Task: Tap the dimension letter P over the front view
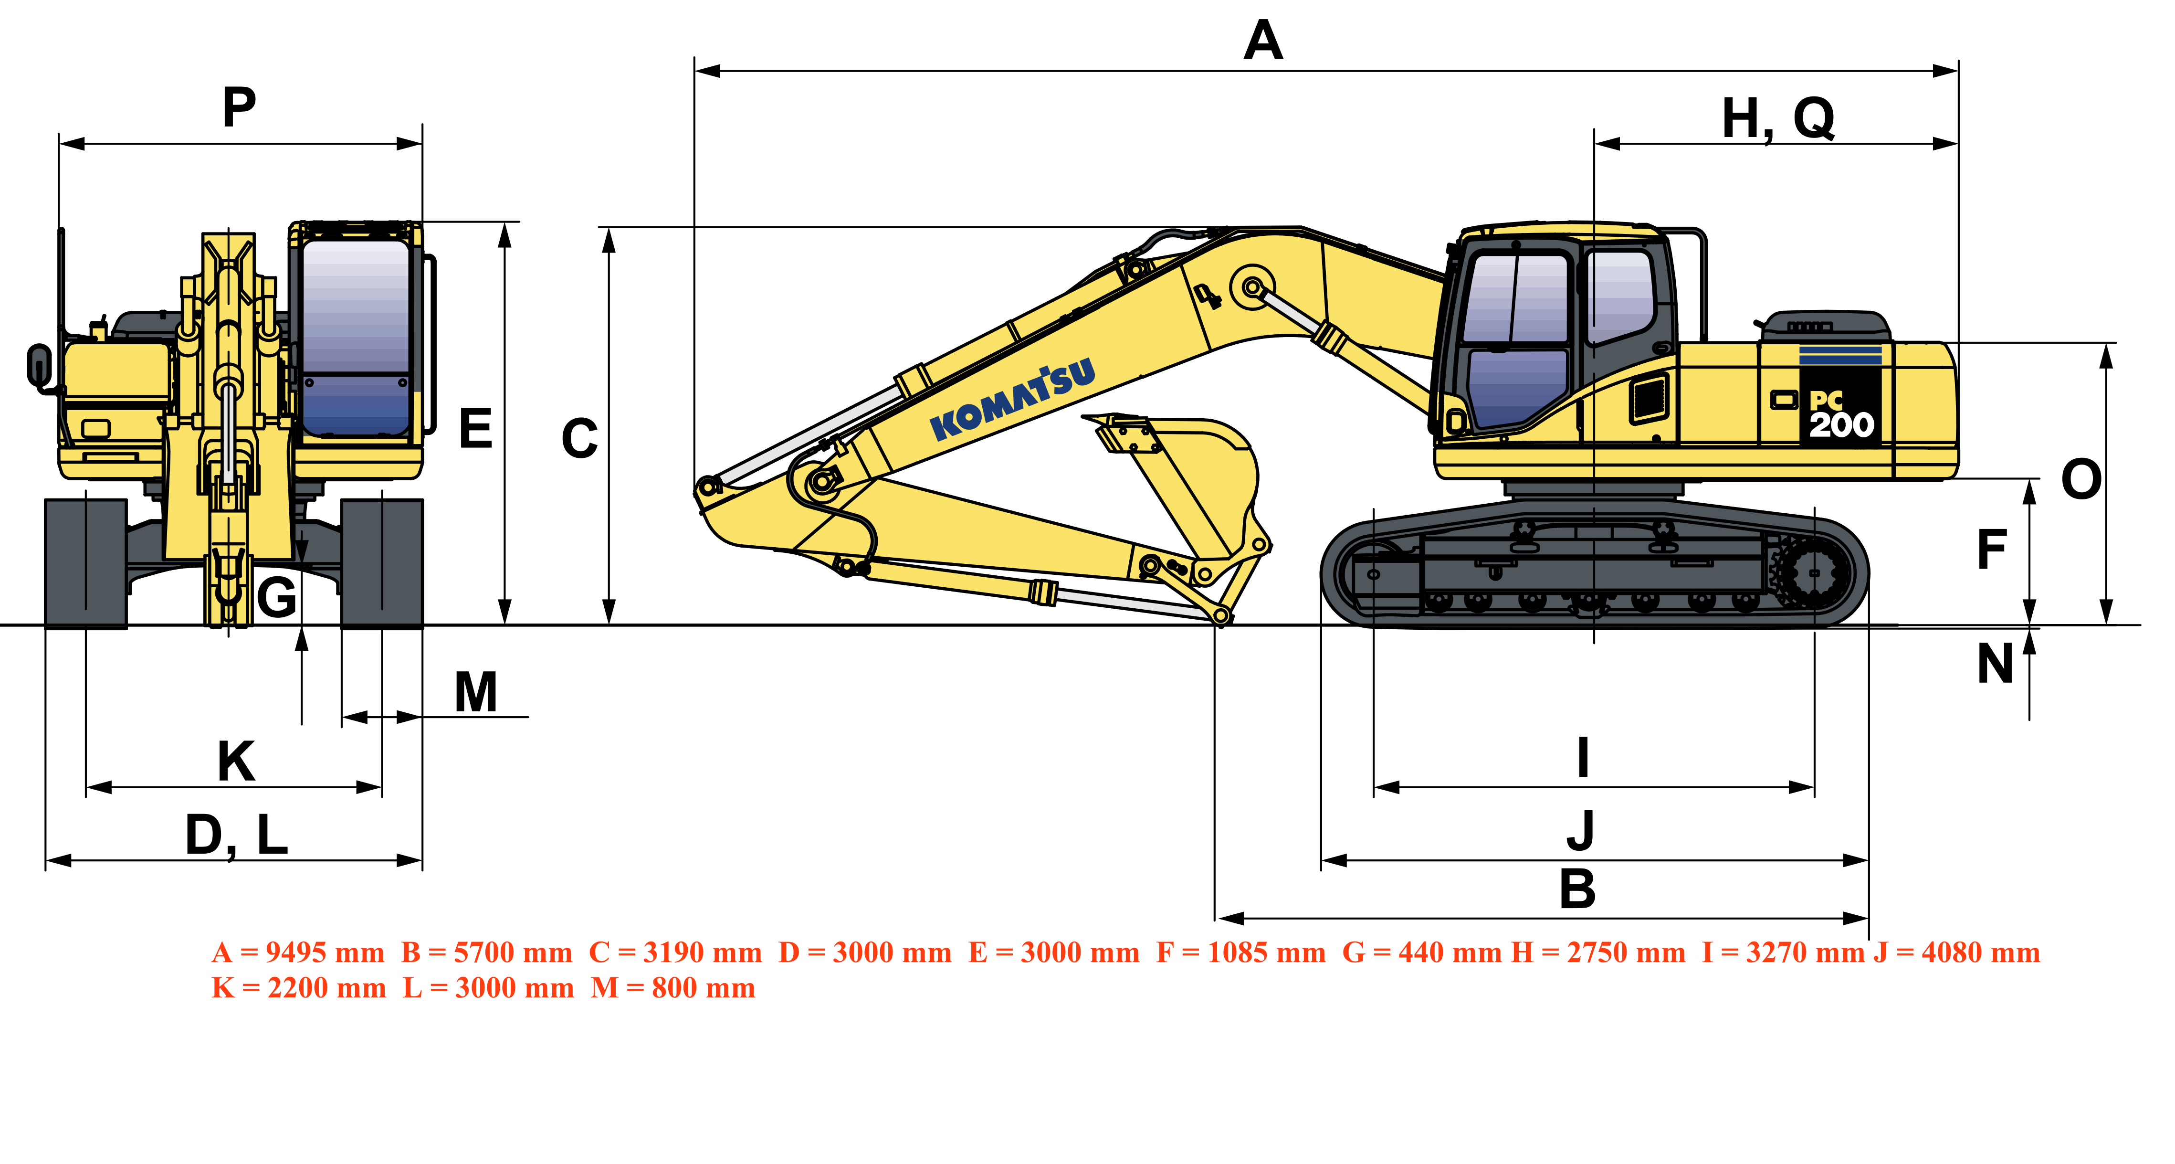point(239,108)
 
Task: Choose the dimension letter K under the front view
point(236,761)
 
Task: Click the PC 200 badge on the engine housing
point(1840,414)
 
